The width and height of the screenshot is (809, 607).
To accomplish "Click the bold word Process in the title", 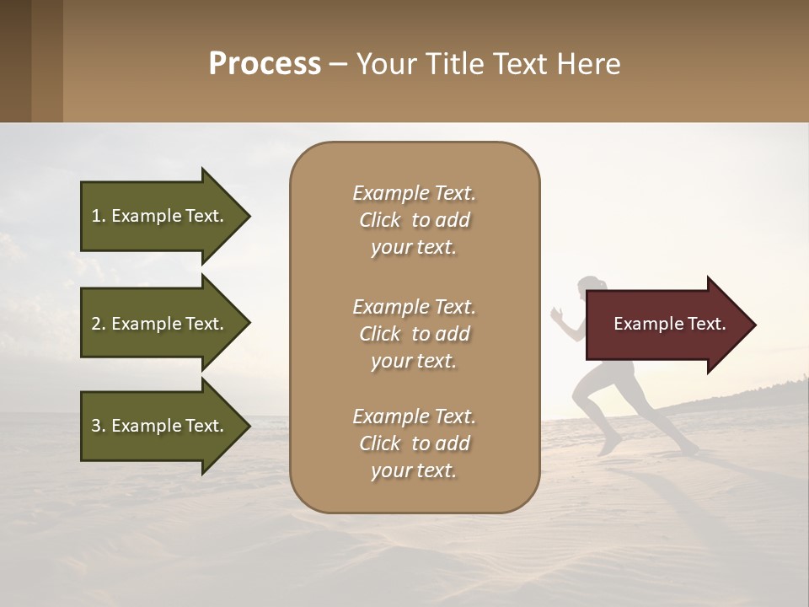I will tap(265, 64).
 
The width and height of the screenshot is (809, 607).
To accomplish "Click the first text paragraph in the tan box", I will tap(414, 220).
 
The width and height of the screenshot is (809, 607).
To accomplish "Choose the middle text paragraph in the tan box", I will tap(414, 334).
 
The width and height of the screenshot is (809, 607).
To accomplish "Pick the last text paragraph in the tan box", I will tap(414, 443).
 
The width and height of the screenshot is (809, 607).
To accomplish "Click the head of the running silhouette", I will tap(589, 287).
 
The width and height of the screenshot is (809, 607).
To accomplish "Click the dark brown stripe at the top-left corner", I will tap(15, 61).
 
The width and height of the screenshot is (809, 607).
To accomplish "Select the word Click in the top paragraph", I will tap(380, 220).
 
